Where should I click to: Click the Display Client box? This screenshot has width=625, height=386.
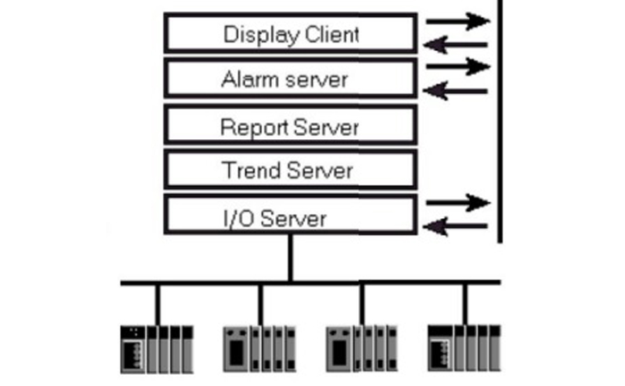tap(291, 33)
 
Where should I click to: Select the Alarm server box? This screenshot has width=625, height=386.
tap(291, 78)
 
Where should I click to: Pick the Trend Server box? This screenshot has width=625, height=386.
tap(291, 169)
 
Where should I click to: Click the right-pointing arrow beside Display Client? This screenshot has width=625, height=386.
tap(458, 21)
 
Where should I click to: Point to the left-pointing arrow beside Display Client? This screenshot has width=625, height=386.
tap(457, 45)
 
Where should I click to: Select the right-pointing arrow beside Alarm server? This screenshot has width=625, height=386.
tap(458, 67)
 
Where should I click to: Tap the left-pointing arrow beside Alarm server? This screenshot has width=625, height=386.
tap(457, 90)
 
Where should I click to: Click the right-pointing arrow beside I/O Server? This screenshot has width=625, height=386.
tap(458, 203)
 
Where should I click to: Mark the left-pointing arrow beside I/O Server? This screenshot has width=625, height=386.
tap(457, 226)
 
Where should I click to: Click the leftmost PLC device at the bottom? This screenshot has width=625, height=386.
tap(156, 348)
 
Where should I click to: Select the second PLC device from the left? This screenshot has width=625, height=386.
tap(259, 348)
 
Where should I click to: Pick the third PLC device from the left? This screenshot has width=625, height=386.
tap(361, 348)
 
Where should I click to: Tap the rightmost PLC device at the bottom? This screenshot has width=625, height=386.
tap(464, 348)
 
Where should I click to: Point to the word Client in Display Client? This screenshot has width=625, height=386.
tap(332, 34)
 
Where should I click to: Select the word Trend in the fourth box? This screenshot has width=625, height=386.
tap(246, 170)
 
